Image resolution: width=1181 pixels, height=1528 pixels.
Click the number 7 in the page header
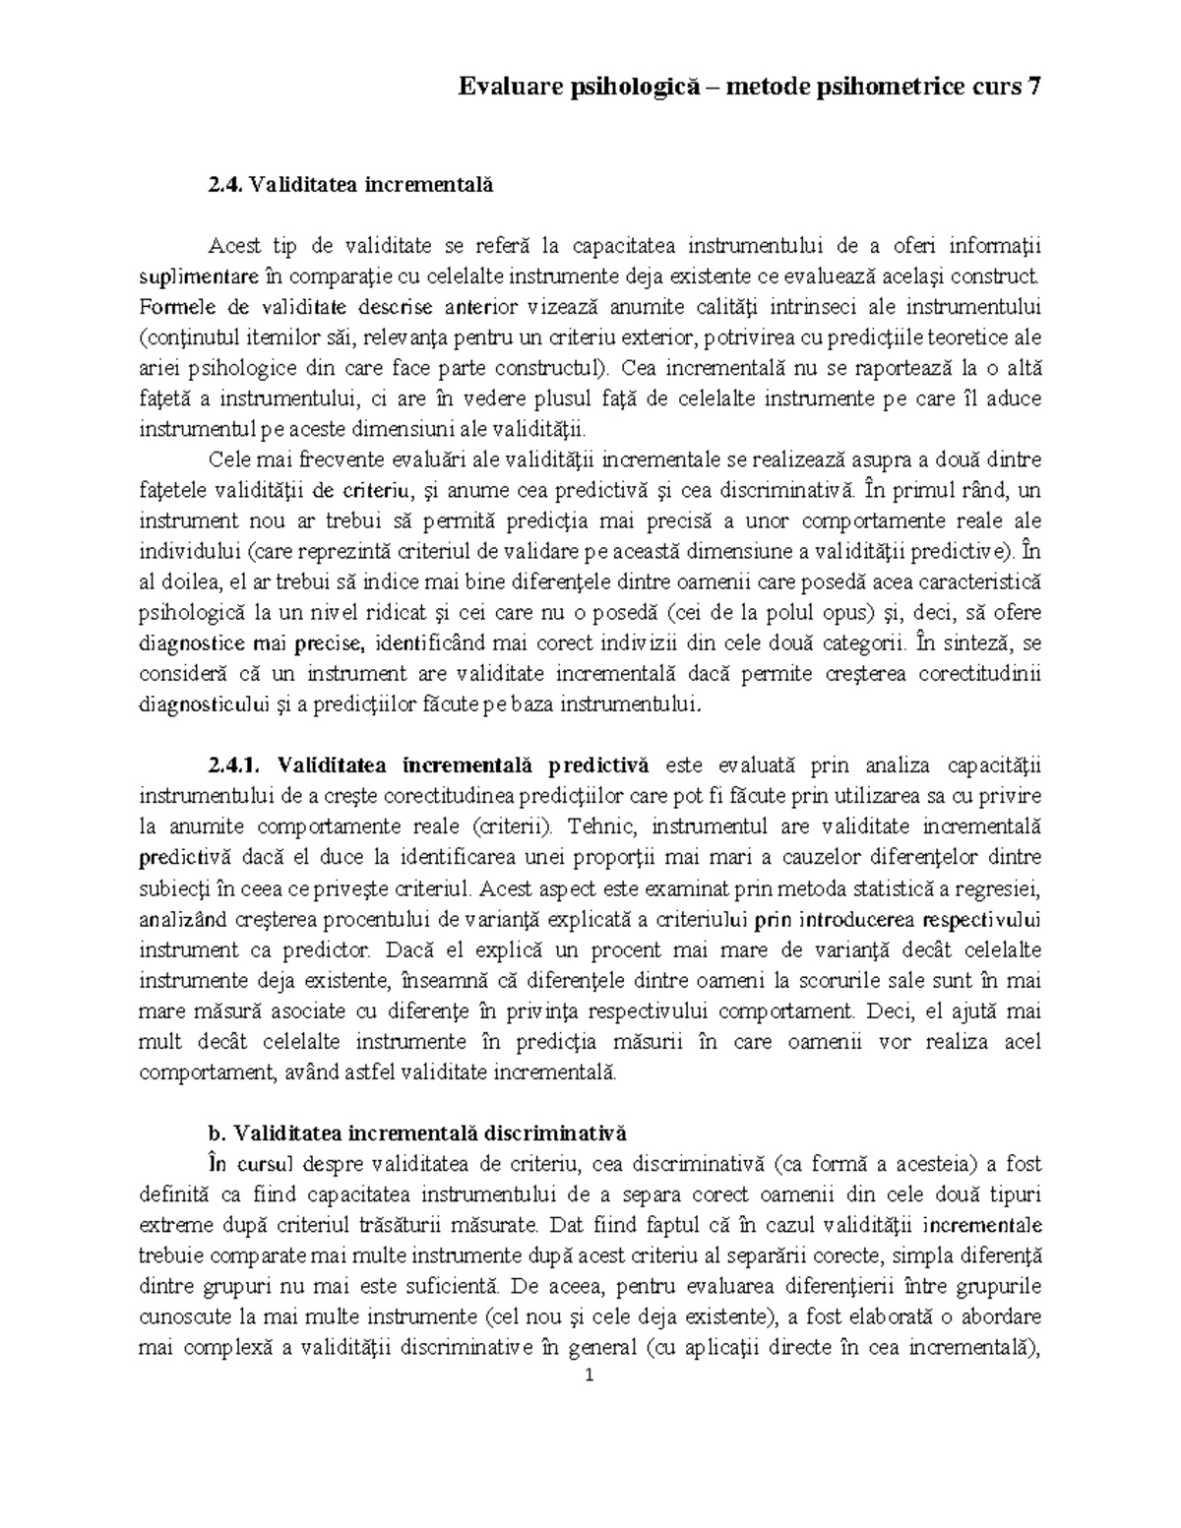[x=1032, y=88]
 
